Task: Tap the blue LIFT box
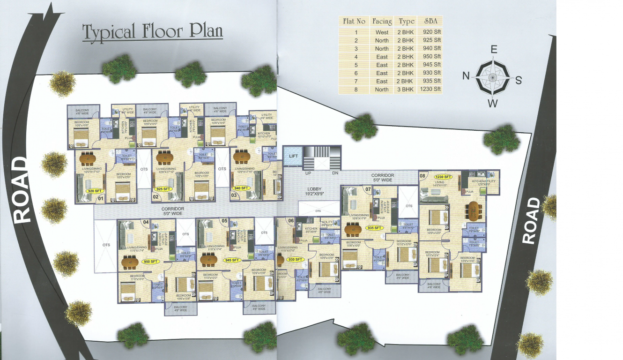coord(293,156)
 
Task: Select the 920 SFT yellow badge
coord(95,191)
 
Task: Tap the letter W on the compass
coord(492,104)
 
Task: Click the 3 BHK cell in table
coord(406,89)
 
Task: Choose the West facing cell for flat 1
coord(382,32)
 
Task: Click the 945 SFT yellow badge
coord(232,260)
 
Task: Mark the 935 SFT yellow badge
coord(375,228)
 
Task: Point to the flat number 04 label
coord(146,222)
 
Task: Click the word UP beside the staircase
coord(309,173)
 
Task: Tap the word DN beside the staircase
coord(335,173)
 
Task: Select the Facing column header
coord(382,22)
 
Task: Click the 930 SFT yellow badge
coord(295,259)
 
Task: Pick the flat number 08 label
coord(423,176)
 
